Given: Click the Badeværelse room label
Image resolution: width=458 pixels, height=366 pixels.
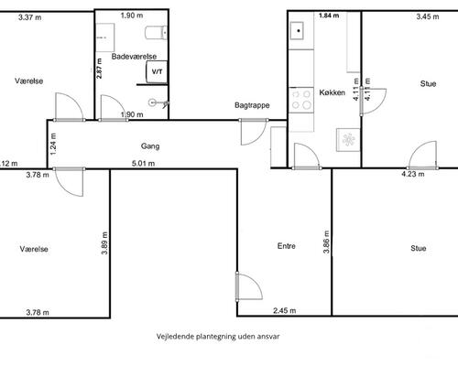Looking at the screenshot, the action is pos(134,57).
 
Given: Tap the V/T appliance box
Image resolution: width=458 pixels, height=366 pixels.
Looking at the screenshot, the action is pos(157,72).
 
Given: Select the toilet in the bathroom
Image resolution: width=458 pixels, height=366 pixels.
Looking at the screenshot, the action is pos(157,33).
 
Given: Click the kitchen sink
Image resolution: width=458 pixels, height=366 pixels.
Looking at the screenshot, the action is pos(297,31).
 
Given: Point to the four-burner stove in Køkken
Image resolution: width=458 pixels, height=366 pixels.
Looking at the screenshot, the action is pos(301,100).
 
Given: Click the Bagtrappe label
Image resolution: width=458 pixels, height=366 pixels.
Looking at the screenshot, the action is pos(252,105).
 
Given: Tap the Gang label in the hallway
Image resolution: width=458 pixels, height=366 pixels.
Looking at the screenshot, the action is pos(150,146).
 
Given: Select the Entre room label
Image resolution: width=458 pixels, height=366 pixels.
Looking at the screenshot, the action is pos(286,246).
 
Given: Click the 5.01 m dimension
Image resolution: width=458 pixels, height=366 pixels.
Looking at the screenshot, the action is pos(143,164).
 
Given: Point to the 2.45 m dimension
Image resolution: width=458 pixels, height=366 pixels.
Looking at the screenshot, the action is pos(284,311).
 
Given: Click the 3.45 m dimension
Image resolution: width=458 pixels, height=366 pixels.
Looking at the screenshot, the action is pos(428,16).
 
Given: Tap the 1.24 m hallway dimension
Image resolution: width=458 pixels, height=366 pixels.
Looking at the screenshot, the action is pos(53,144).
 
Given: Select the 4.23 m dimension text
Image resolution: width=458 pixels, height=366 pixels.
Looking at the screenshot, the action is pos(413,174).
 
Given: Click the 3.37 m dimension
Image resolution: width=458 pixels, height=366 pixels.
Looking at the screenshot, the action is pos(29,17).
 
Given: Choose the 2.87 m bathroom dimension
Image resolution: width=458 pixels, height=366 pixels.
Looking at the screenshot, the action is pos(99,69).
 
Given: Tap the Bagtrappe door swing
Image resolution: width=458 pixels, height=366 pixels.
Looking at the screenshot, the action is pos(253,132).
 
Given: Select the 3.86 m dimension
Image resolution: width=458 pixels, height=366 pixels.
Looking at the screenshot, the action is pos(326,242).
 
